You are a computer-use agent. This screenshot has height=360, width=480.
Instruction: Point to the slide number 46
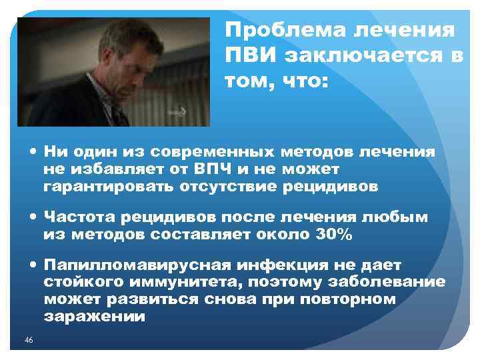pyautogui.click(x=28, y=341)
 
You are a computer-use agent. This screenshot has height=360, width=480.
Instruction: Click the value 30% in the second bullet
pyautogui.click(x=332, y=234)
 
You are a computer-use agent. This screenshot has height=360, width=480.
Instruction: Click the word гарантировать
pyautogui.click(x=109, y=187)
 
